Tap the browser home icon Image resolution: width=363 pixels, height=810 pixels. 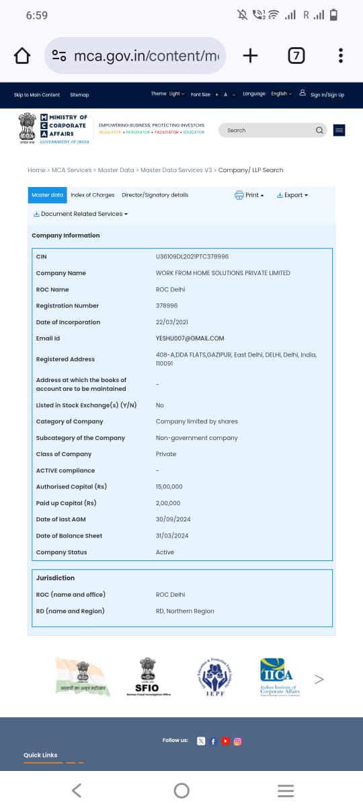coord(22,56)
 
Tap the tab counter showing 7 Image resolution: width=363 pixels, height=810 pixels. coord(296,56)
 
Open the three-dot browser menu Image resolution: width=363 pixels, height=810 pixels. coord(341,56)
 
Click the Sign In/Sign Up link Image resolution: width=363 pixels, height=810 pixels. coord(327,95)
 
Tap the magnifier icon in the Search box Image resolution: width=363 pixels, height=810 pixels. coord(319,131)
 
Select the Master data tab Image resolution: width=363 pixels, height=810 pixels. coord(47,195)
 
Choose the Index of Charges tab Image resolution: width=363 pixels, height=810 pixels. coord(93,195)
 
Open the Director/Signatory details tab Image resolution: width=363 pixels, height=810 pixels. coord(155,195)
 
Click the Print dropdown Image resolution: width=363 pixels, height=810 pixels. coord(249,195)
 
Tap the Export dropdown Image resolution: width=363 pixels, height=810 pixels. coord(292,195)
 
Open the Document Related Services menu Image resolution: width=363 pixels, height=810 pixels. coord(81,214)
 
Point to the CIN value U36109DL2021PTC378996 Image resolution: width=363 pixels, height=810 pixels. coord(192,257)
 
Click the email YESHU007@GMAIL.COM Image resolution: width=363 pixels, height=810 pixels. coord(190,338)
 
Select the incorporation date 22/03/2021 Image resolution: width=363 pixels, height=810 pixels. coord(171,322)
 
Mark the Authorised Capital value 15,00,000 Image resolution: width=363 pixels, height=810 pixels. coord(169,486)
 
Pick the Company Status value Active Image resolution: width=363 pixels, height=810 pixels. coord(165,552)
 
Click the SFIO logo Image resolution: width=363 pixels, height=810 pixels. coord(148,676)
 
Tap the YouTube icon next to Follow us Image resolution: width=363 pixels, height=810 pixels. coord(226,741)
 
